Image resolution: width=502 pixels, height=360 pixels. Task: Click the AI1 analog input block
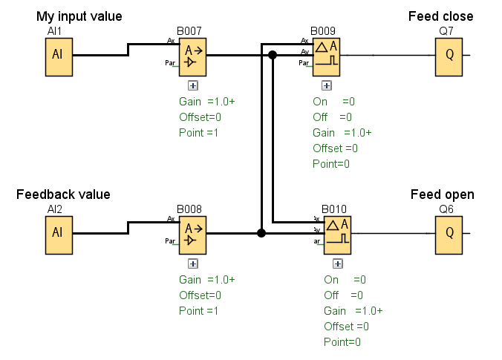(59, 56)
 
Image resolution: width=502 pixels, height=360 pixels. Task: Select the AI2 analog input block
(59, 233)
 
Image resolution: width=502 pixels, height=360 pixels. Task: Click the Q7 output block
(449, 56)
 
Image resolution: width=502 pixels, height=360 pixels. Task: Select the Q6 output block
(449, 233)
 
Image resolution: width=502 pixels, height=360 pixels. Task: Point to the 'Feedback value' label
(63, 194)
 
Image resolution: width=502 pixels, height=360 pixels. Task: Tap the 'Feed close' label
(440, 16)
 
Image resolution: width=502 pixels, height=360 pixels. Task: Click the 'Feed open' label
(443, 194)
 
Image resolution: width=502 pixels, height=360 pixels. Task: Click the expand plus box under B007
(193, 85)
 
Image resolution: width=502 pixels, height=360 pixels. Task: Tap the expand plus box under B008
(193, 263)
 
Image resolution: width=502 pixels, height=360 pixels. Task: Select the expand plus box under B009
(327, 85)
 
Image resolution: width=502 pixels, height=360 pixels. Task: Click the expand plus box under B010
(338, 263)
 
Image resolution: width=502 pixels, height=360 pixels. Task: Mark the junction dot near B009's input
(273, 55)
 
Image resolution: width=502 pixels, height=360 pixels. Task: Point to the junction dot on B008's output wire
(261, 233)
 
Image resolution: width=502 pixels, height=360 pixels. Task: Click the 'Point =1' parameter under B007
(198, 133)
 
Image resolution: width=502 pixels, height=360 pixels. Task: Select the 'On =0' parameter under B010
(345, 280)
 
